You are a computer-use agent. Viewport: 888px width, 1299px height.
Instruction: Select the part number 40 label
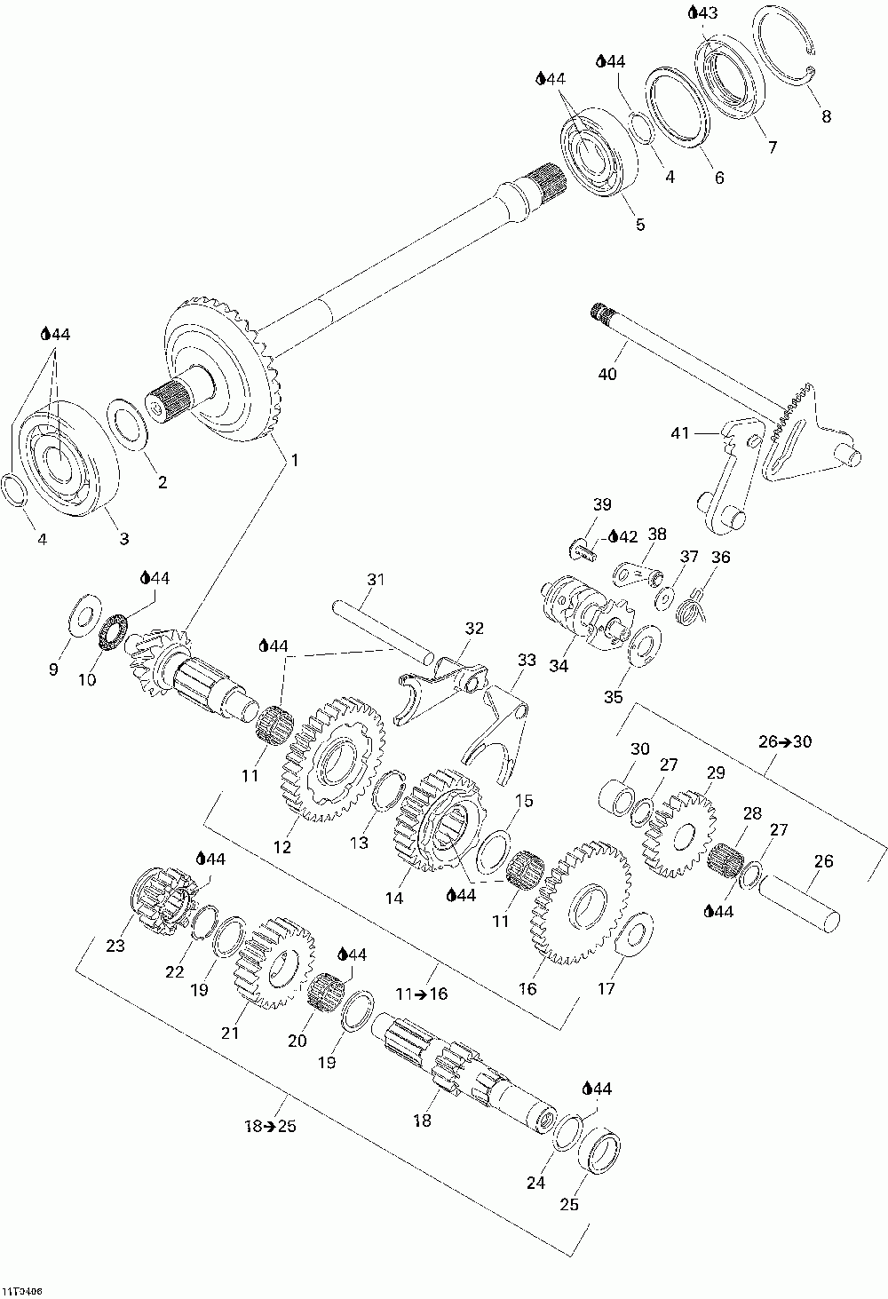click(x=607, y=374)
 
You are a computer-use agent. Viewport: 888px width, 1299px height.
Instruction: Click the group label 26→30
click(x=786, y=741)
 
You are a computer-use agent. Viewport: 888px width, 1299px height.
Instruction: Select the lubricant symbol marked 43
click(x=703, y=12)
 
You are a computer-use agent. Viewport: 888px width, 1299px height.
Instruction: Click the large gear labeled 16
click(x=580, y=903)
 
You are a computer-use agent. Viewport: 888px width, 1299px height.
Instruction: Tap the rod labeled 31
click(x=382, y=630)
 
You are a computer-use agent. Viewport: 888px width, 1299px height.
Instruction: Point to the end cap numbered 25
click(x=599, y=1152)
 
